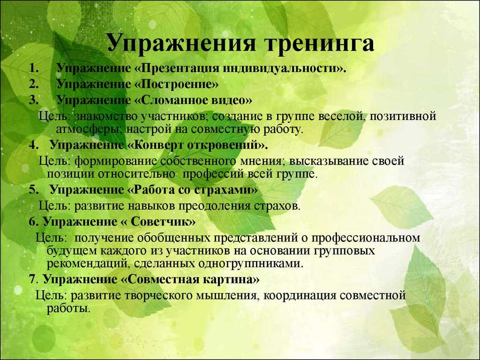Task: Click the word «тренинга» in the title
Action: click(319, 43)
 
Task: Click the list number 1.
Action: click(34, 68)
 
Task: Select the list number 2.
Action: click(34, 84)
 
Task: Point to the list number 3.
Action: click(34, 100)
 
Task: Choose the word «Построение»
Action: click(176, 84)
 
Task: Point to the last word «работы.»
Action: click(68, 308)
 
